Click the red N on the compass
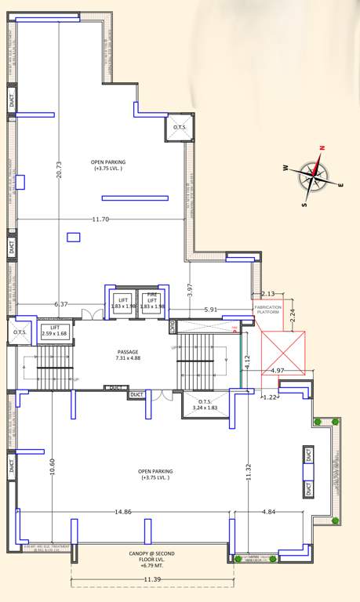click(x=322, y=147)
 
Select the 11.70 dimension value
click(x=100, y=219)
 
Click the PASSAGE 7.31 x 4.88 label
click(x=127, y=355)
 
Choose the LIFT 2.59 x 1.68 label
click(x=55, y=331)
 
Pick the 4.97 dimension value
click(x=277, y=371)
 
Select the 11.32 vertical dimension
click(x=248, y=466)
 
